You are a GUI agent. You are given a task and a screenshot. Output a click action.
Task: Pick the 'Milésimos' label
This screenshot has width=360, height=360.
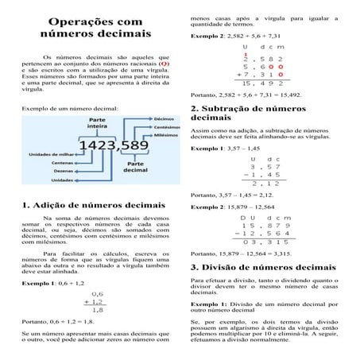click(165, 136)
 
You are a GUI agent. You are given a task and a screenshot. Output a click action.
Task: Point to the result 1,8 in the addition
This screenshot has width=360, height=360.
click(98, 310)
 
